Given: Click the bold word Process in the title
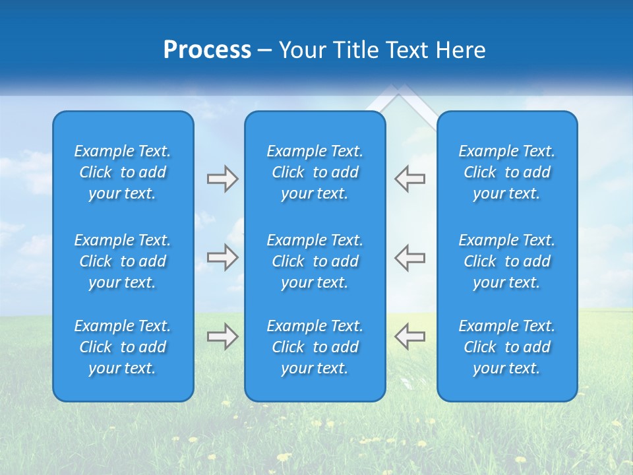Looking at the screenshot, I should [207, 50].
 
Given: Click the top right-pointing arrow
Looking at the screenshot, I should [222, 179].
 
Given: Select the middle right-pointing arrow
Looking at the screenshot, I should [222, 257].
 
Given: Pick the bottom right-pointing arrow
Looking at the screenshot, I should [222, 336].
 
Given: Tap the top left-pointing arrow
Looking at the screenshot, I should [410, 179].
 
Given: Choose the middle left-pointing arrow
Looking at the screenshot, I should [410, 257].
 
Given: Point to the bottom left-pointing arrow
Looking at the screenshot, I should [410, 336].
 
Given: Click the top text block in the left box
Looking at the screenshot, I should [123, 172].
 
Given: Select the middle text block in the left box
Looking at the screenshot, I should [123, 261].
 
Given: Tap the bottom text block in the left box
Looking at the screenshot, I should [123, 347].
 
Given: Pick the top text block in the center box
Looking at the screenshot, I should [315, 172].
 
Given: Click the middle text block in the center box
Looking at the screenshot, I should [315, 261].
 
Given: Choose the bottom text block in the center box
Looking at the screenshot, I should [315, 347].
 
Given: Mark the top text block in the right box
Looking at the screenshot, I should [507, 172].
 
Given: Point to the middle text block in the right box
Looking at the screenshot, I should [507, 261].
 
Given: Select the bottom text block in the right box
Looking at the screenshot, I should [507, 347].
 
